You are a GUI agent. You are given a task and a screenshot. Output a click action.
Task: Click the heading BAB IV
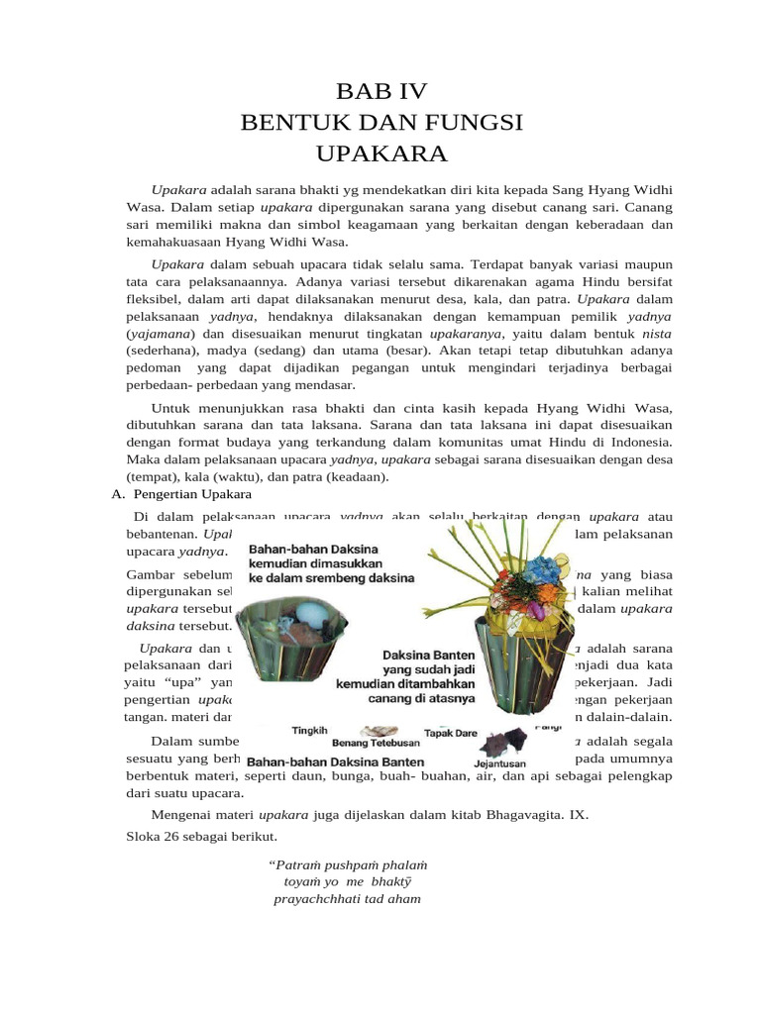(381, 92)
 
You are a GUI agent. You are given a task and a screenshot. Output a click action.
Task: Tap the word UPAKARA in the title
(381, 153)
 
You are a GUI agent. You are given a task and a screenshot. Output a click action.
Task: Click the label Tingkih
(309, 731)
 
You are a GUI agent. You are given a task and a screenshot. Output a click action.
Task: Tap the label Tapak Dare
(450, 733)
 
